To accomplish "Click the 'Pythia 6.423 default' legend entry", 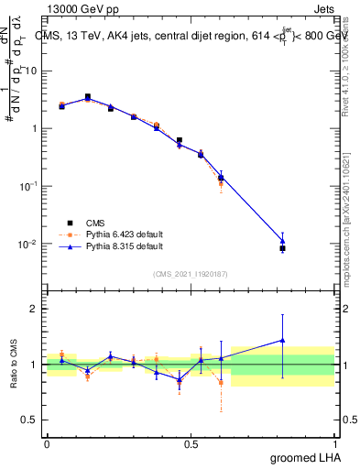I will [111, 234].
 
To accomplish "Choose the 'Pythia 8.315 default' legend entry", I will [111, 246].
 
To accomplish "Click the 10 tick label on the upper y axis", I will [33, 70].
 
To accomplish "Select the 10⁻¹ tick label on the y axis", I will [31, 186].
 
